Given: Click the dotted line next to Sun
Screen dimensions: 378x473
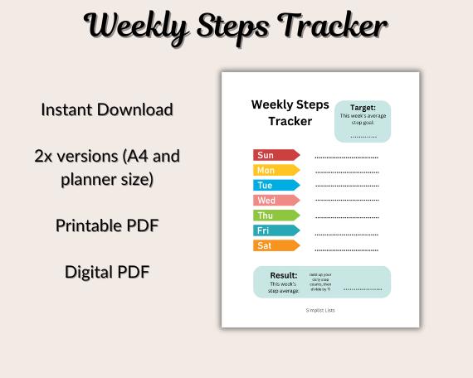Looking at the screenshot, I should tap(346, 157).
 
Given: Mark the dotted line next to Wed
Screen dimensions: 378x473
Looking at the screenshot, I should tap(346, 201).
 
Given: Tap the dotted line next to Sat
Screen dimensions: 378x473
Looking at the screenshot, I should tap(346, 248).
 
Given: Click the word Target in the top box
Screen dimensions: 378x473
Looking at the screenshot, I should tap(363, 108).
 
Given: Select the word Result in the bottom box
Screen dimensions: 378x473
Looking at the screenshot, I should tap(283, 275).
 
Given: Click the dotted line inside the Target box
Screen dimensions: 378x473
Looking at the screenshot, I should tap(363, 135).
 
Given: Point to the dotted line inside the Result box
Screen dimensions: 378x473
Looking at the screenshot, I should tap(362, 289).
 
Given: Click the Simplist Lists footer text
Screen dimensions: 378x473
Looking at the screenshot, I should tap(319, 310).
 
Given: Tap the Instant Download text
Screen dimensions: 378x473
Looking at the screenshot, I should tap(106, 109).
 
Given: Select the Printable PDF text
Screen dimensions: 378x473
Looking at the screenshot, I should tap(106, 225).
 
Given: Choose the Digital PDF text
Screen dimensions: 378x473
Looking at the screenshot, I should tap(106, 271).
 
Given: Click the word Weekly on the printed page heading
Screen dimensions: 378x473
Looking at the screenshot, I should tap(270, 104).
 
